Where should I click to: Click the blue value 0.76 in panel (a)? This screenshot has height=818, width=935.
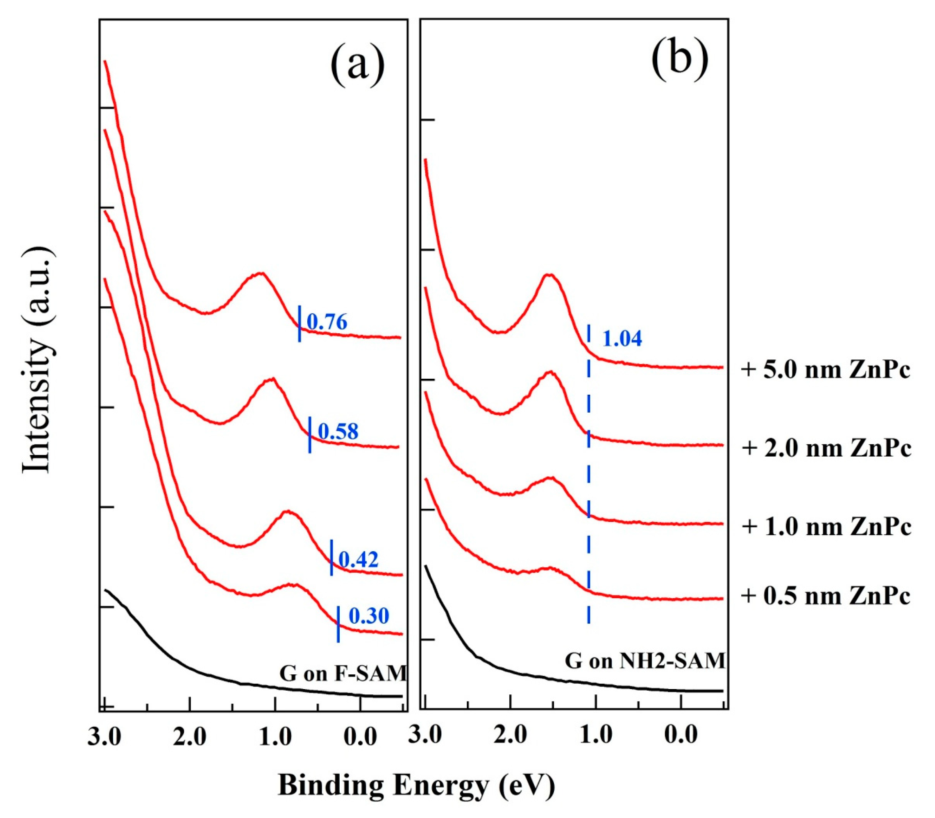click(327, 322)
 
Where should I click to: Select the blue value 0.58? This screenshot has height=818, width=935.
click(338, 432)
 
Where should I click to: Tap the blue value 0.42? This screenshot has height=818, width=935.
click(359, 560)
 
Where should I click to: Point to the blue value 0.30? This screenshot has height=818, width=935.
click(369, 616)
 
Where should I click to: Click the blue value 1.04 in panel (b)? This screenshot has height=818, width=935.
click(622, 339)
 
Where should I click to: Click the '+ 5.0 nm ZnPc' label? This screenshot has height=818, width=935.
click(826, 370)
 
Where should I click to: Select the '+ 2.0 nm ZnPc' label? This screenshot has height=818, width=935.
click(826, 448)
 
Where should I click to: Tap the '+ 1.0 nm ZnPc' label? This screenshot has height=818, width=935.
click(826, 527)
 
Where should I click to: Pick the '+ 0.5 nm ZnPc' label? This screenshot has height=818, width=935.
click(826, 596)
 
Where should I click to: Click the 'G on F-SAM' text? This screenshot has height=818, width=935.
click(343, 673)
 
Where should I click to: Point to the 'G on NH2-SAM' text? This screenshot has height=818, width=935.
click(645, 661)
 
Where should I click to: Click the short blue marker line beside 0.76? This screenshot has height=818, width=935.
click(299, 323)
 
